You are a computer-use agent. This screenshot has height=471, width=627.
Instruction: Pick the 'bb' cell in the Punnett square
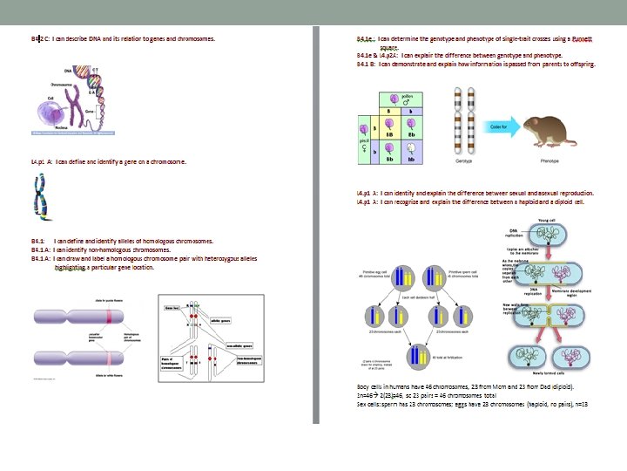[x=411, y=158]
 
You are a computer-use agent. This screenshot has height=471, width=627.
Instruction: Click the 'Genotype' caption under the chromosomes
[x=464, y=161]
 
